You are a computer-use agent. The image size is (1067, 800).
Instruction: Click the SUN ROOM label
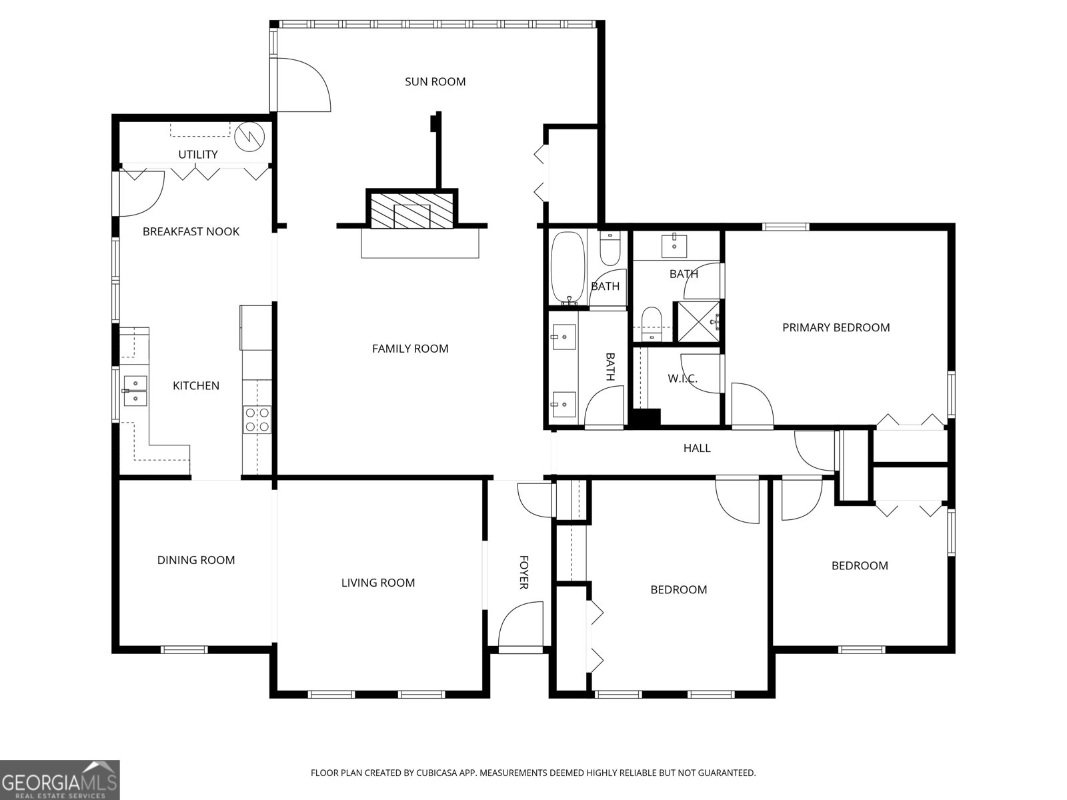click(x=435, y=81)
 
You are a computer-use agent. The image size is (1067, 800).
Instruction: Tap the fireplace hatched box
click(x=411, y=210)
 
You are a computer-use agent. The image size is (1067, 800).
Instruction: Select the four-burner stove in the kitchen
click(x=257, y=420)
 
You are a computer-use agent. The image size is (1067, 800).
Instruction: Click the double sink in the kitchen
click(x=135, y=391)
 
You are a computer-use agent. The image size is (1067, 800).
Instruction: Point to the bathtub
click(x=568, y=267)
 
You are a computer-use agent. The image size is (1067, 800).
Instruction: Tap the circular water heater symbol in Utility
click(x=249, y=137)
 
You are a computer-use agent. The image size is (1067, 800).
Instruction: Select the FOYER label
click(x=524, y=572)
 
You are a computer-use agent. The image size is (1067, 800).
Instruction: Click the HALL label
click(x=697, y=448)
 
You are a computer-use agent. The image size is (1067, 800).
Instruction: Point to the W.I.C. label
click(x=682, y=379)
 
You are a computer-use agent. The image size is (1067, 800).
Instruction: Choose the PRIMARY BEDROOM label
click(x=836, y=327)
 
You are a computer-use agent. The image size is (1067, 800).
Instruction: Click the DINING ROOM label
click(x=196, y=560)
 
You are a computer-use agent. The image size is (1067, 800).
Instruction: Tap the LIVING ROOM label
click(x=378, y=583)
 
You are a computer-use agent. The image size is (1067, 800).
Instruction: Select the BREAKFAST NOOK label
click(x=191, y=232)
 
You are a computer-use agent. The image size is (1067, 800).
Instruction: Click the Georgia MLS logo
click(x=59, y=780)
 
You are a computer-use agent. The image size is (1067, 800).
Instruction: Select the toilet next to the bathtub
click(x=610, y=248)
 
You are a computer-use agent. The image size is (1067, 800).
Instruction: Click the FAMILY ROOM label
click(x=410, y=349)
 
